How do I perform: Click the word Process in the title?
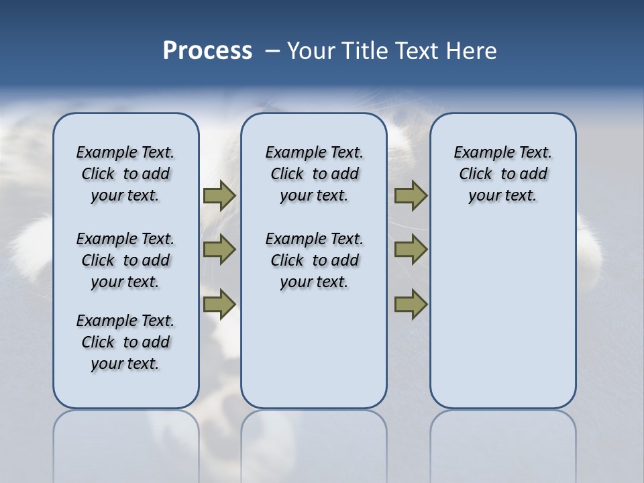click(x=207, y=50)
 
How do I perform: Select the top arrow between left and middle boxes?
click(x=219, y=195)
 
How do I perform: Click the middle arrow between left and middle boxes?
click(x=219, y=250)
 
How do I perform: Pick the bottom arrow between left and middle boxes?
click(x=219, y=304)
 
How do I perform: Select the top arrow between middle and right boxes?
click(x=411, y=195)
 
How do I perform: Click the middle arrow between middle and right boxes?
click(x=411, y=250)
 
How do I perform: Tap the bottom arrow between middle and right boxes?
click(x=411, y=304)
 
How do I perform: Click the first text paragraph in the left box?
click(x=125, y=174)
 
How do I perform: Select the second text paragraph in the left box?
click(x=125, y=260)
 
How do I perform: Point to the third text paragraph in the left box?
click(x=125, y=342)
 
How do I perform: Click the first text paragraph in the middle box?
click(x=314, y=174)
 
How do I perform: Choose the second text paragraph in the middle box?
click(x=314, y=260)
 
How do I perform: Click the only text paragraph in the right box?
click(x=503, y=174)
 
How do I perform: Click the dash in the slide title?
click(x=272, y=51)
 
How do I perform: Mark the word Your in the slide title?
click(x=311, y=51)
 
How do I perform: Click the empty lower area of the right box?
click(x=503, y=322)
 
